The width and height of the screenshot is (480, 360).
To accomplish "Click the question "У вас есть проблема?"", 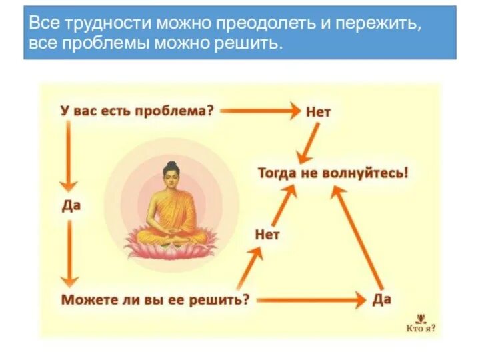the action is point(137,111).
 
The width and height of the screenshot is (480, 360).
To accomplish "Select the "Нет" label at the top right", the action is point(318,111).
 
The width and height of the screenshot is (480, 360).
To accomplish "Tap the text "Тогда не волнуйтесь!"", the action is point(333,173).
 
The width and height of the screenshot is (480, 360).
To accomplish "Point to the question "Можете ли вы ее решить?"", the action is point(155,299).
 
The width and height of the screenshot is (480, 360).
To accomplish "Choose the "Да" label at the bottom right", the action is point(381,299).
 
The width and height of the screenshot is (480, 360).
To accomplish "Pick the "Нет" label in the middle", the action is point(267,234).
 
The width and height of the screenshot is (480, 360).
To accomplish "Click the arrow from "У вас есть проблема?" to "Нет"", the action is point(260,111).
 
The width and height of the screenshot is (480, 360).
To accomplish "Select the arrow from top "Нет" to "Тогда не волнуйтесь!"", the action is point(308,142).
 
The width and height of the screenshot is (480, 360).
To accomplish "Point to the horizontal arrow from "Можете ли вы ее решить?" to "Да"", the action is point(310,300).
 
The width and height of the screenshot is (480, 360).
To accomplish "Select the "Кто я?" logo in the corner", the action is point(421,323).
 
